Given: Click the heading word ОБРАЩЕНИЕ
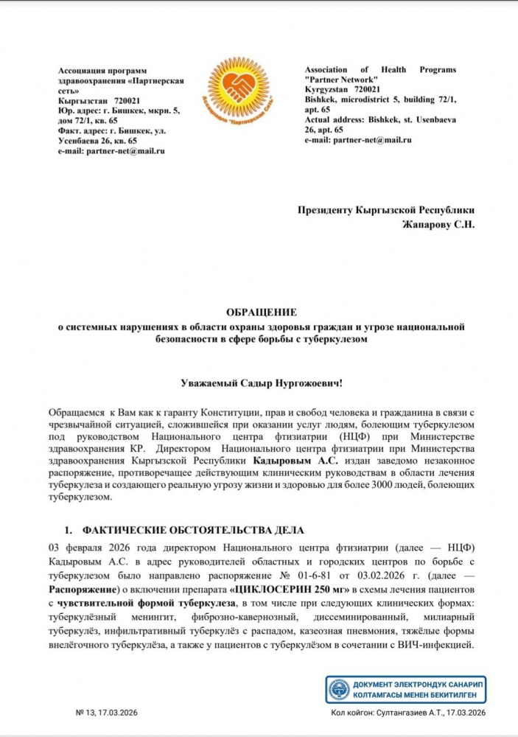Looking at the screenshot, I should [258, 313].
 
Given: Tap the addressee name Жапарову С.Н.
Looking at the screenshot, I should [438, 225].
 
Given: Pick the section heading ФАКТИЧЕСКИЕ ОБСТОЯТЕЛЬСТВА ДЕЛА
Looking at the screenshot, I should [193, 531].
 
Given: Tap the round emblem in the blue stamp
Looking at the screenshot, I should [339, 689].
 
